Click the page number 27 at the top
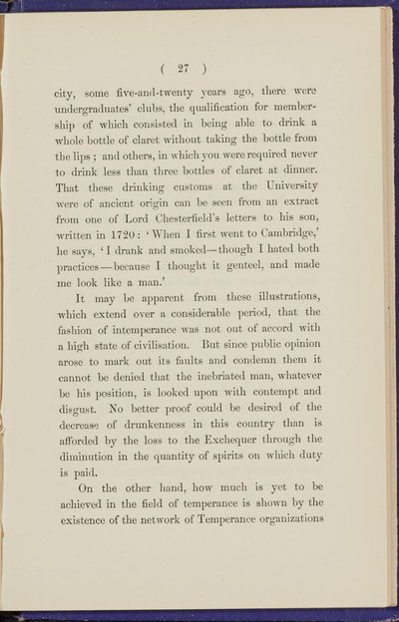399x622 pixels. click(199, 70)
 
